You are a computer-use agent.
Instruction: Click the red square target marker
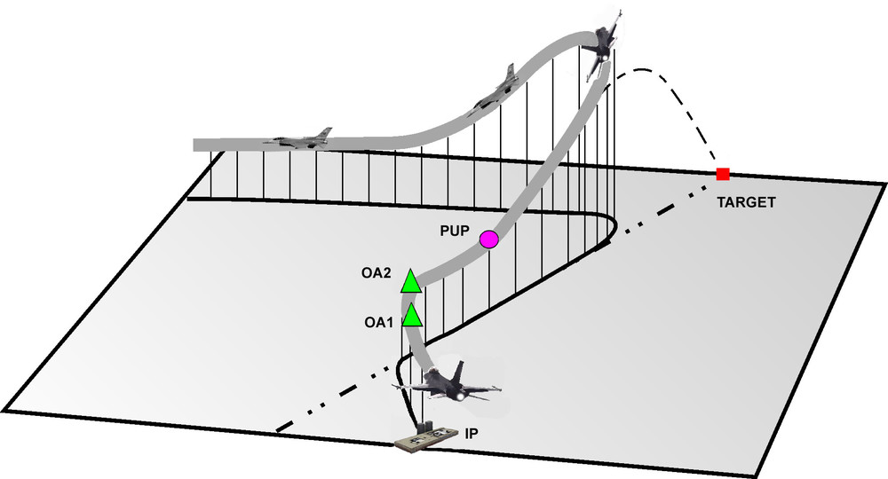pyautogui.click(x=723, y=175)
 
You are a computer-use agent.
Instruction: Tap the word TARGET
pyautogui.click(x=746, y=203)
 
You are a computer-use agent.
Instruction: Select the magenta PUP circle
pyautogui.click(x=488, y=239)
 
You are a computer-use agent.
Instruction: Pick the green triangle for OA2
pyautogui.click(x=411, y=282)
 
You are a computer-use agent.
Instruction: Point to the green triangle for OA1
pyautogui.click(x=412, y=316)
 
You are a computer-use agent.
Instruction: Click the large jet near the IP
pyautogui.click(x=448, y=387)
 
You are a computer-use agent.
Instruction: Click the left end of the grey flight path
pyautogui.click(x=198, y=145)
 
